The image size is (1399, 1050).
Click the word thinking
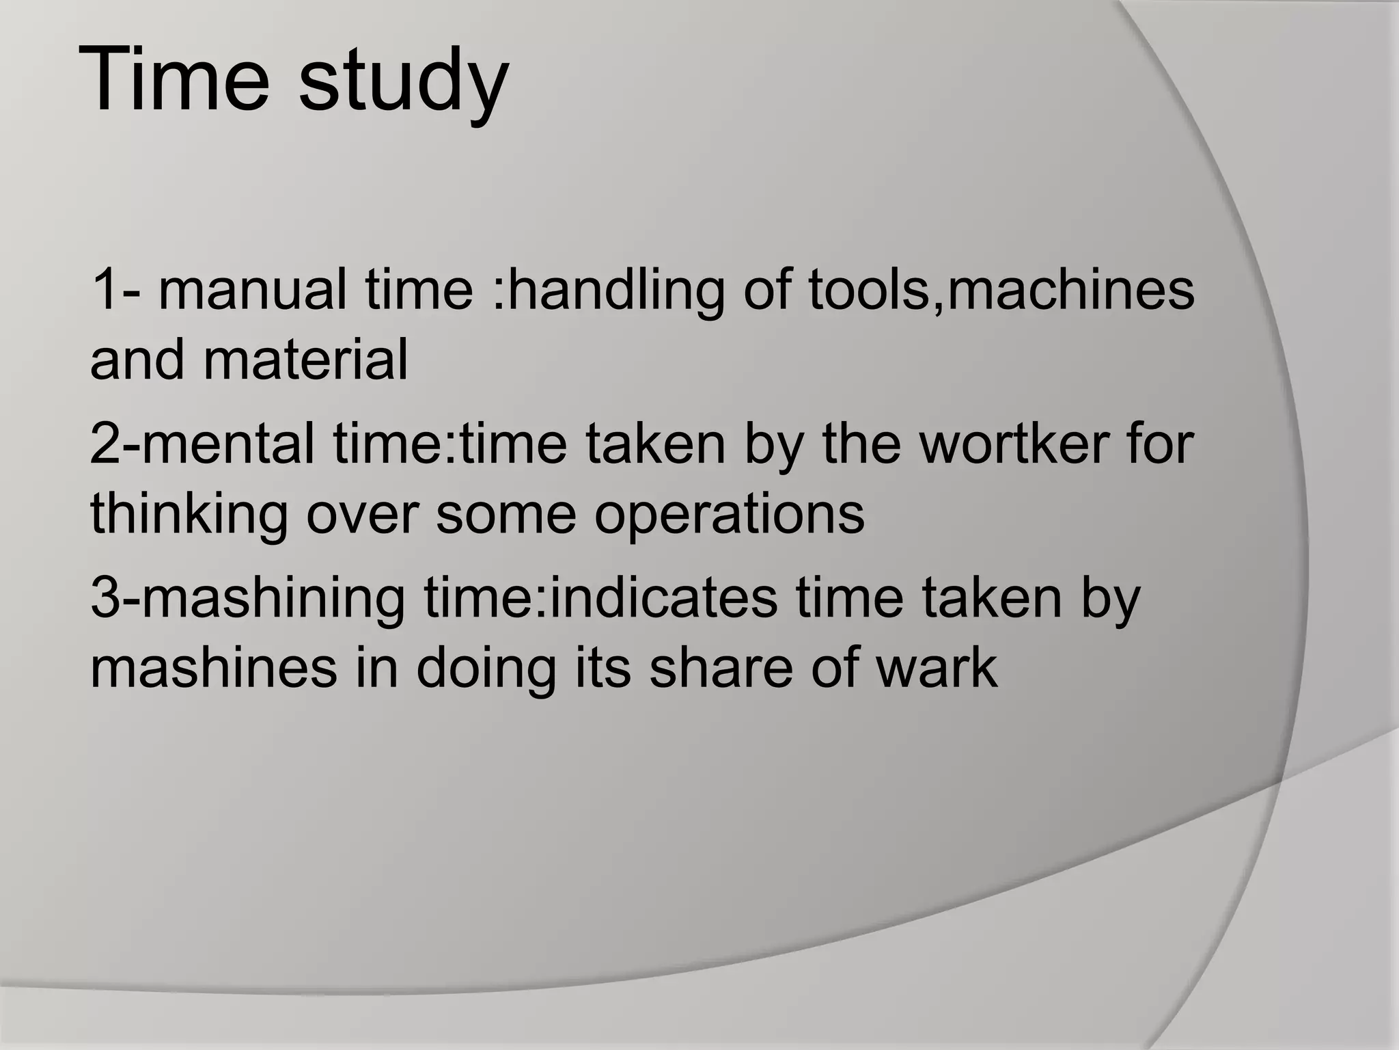pyautogui.click(x=189, y=514)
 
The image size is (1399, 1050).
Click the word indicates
pyautogui.click(x=663, y=597)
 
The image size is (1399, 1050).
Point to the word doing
pyautogui.click(x=486, y=669)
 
